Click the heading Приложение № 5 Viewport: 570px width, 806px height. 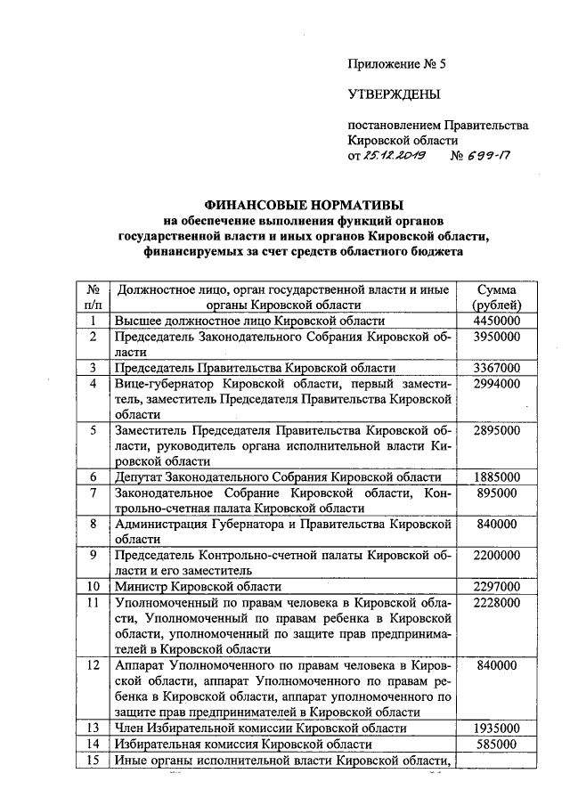pos(395,63)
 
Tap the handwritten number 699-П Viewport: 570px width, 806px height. pos(487,156)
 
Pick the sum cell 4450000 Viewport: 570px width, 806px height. pos(498,321)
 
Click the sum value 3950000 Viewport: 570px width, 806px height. pos(498,337)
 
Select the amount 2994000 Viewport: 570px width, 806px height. pos(498,384)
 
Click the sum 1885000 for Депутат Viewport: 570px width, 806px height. pos(498,476)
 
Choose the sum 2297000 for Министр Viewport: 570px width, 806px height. pos(498,586)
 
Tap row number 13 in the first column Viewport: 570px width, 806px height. pos(92,728)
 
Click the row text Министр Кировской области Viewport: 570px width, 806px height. pos(199,586)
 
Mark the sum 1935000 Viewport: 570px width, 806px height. pos(498,728)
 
